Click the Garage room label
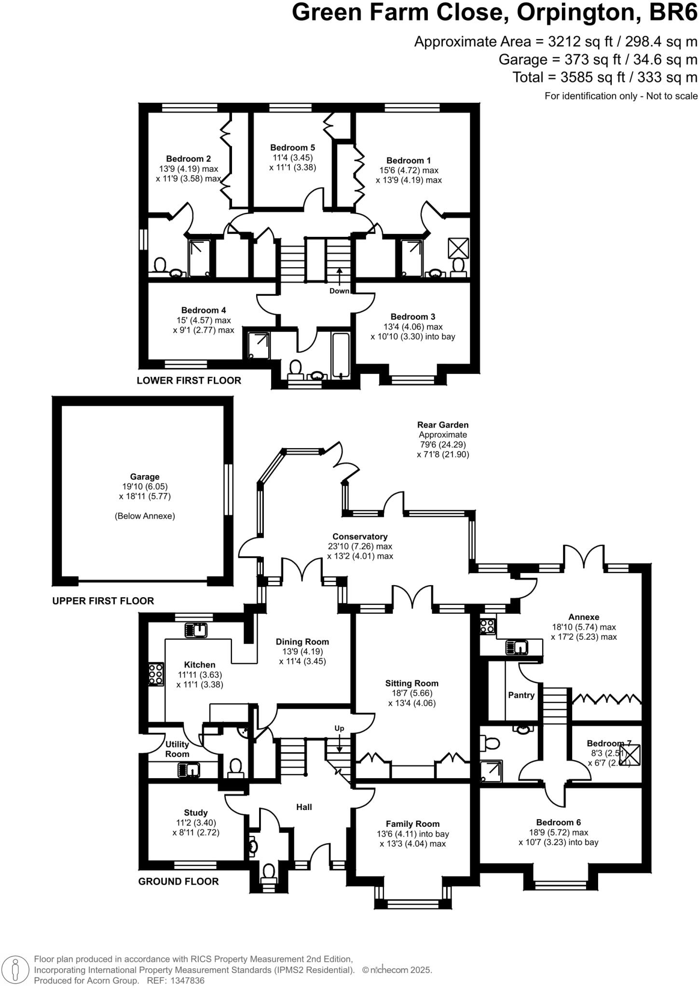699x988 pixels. coord(145,477)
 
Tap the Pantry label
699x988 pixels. coord(521,695)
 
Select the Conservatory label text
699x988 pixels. coord(360,536)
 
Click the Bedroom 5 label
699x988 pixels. coord(292,148)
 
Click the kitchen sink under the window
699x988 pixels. coord(196,630)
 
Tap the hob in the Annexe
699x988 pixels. coord(486,626)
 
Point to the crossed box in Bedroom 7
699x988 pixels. coord(630,755)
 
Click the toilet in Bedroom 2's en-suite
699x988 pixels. coord(160,266)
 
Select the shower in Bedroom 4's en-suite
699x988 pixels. coord(257,345)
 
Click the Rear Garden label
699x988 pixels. coord(442,425)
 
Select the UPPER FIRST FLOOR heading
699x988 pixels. coord(103,601)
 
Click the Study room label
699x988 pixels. coord(195,812)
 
